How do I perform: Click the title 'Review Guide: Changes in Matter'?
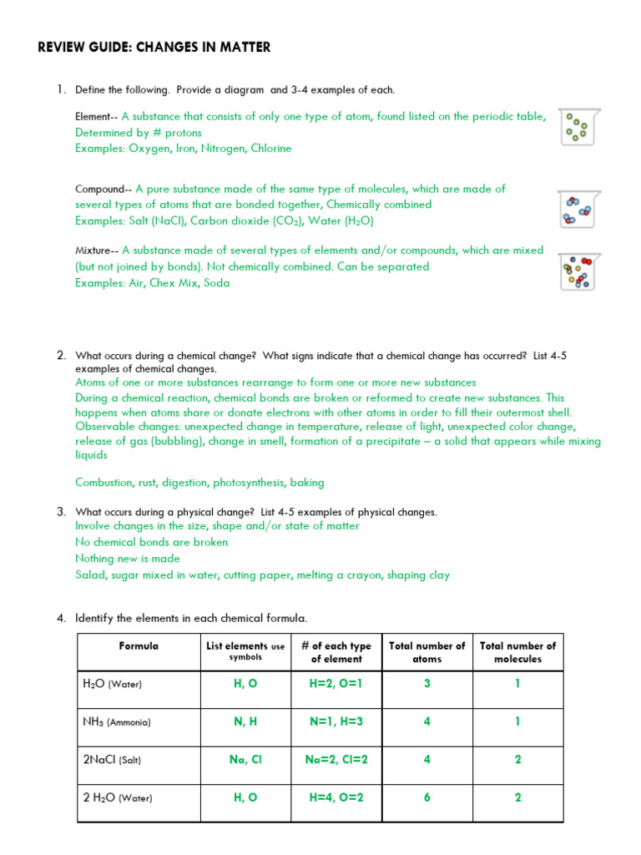click(x=154, y=48)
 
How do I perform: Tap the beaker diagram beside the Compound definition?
click(x=578, y=209)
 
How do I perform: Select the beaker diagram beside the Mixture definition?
click(x=578, y=272)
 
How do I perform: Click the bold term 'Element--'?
click(x=97, y=117)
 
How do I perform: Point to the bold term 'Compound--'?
click(x=103, y=190)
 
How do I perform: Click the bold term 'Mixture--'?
click(x=97, y=250)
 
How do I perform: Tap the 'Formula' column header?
click(x=139, y=645)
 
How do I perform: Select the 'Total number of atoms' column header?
click(x=426, y=652)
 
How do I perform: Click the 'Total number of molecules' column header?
click(x=517, y=652)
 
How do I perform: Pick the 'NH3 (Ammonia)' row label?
click(x=117, y=721)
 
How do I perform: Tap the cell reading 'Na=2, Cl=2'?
click(x=336, y=760)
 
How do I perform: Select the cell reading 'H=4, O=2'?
click(x=336, y=797)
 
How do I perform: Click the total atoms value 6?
click(x=426, y=797)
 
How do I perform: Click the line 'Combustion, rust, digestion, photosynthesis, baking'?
click(x=199, y=483)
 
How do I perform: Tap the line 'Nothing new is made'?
click(x=128, y=559)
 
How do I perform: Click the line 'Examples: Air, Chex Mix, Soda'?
click(x=152, y=283)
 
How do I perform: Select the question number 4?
click(x=61, y=619)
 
